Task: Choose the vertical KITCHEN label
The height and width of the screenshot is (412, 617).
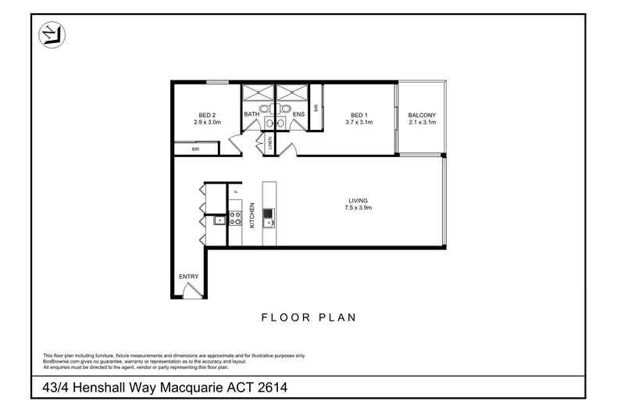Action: [x=252, y=215]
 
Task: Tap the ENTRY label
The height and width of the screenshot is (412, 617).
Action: [x=188, y=277]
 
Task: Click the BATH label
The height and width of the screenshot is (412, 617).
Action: [x=251, y=115]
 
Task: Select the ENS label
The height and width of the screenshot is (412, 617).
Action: [x=298, y=115]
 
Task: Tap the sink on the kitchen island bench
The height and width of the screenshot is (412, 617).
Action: [x=269, y=213]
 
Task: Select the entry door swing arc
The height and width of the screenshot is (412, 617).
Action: [x=187, y=291]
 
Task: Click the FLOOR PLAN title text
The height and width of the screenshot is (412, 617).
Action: [x=308, y=317]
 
